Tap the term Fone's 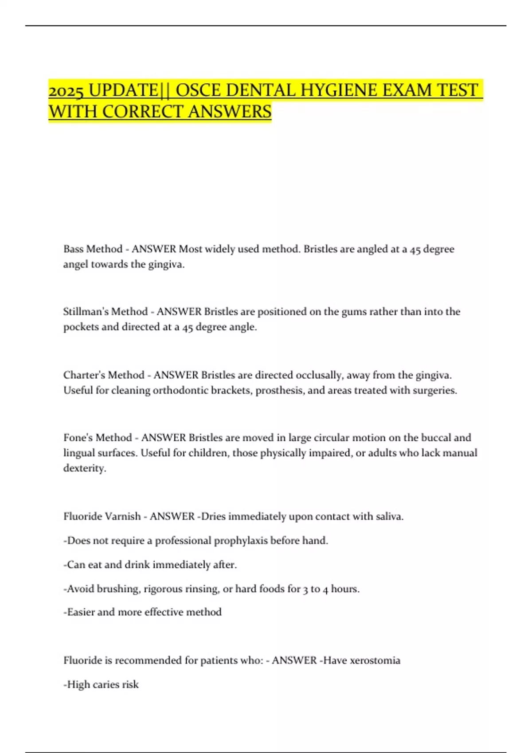[79, 438]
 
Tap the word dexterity [84, 468]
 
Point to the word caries [106, 685]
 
